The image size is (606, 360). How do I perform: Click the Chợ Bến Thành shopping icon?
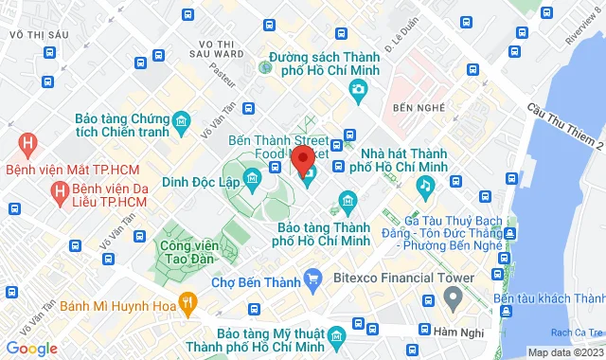click(313, 279)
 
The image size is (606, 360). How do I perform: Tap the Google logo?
click(30, 349)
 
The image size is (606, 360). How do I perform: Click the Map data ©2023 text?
click(564, 352)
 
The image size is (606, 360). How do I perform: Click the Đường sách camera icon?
click(358, 90)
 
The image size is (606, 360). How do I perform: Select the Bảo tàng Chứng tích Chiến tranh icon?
click(182, 120)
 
